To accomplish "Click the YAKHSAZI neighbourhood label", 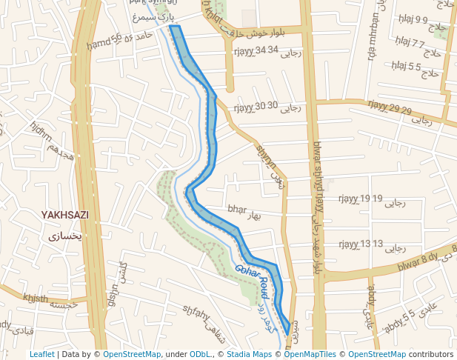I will coord(64,215).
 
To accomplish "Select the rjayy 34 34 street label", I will coord(256,50).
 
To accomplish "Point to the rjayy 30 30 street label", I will coord(256,106).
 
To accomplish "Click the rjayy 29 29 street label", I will coord(390,110).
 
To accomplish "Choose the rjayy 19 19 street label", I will coord(360,199).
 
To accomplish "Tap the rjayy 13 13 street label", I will coord(361,244).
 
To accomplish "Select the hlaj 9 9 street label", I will coord(413,19).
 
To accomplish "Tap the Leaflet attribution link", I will coord(41,354).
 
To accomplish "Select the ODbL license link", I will coord(200,354).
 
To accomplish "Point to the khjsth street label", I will coord(35,298).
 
